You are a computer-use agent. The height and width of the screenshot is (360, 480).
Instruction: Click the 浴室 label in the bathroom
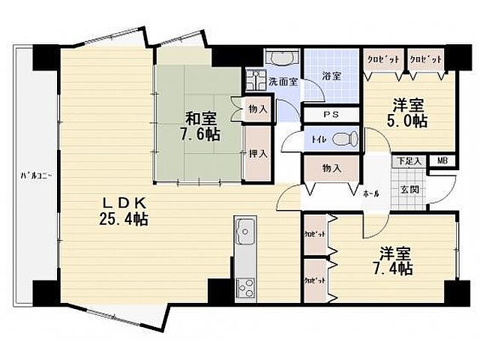click(331, 75)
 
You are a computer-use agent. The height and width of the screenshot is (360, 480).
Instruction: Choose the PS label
click(330, 115)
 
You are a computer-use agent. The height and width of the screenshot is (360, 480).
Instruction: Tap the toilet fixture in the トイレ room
click(344, 139)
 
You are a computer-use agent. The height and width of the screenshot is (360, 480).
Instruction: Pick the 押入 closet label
click(257, 154)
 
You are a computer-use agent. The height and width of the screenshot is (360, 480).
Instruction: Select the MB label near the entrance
click(442, 160)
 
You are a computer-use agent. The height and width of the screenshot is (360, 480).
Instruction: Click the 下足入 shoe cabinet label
click(409, 160)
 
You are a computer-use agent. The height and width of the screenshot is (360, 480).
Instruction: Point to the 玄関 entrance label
click(409, 190)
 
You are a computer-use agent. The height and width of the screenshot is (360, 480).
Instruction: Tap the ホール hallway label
click(370, 193)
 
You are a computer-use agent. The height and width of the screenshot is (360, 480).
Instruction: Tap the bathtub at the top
click(282, 58)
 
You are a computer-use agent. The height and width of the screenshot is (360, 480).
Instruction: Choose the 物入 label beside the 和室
click(257, 109)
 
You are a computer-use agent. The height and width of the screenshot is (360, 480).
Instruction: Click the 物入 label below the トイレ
click(331, 169)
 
